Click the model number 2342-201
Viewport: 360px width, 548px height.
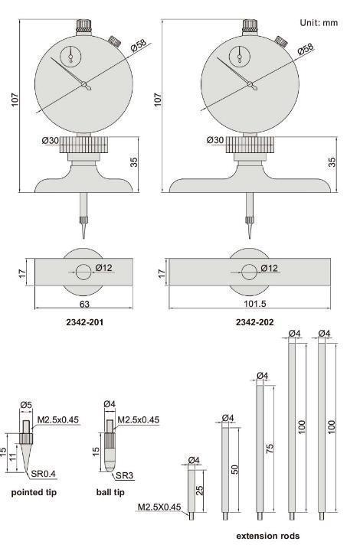click(85, 322)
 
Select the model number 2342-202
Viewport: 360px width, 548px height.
click(255, 322)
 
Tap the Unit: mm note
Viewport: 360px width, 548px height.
click(319, 23)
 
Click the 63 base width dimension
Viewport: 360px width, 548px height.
click(85, 304)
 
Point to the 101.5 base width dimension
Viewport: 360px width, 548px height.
click(255, 304)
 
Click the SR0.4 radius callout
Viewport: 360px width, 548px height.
click(43, 474)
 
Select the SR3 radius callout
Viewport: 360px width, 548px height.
click(125, 475)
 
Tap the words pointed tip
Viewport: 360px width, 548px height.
click(34, 492)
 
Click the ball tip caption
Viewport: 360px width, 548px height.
click(110, 492)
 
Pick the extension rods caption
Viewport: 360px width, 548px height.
click(267, 536)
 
